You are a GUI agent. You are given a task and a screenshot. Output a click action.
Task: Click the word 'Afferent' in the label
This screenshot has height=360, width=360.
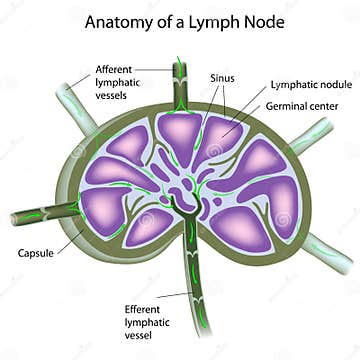coord(113,68)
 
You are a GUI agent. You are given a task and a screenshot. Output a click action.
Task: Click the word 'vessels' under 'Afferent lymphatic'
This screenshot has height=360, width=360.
coord(112,96)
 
